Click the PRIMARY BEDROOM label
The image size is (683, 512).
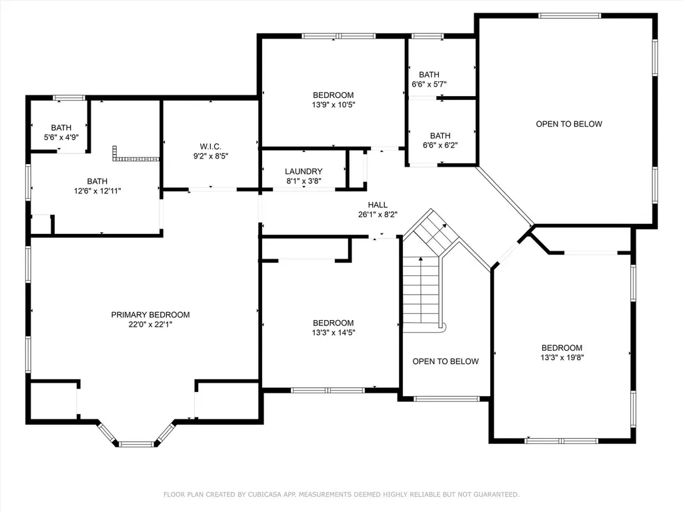[x=150, y=315]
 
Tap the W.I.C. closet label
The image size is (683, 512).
[x=210, y=147]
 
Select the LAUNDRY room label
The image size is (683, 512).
[x=303, y=171]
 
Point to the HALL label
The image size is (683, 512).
[x=378, y=205]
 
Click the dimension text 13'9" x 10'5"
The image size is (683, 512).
[x=333, y=105]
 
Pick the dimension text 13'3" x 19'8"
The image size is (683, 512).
[x=562, y=357]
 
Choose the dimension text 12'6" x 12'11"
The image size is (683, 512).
[x=97, y=191]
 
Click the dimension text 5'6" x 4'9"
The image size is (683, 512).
[x=61, y=137]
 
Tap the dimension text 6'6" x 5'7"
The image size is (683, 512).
[x=429, y=84]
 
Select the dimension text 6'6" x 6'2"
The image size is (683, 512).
[x=440, y=145]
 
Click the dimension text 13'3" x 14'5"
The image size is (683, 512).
[x=333, y=332]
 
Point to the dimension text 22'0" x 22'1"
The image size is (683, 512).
[x=150, y=325]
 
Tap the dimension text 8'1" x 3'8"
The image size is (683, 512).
[x=303, y=181]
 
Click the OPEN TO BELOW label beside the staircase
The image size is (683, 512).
[x=445, y=361]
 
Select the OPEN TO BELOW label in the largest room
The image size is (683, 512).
[x=569, y=124]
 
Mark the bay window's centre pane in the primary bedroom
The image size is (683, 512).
[x=136, y=444]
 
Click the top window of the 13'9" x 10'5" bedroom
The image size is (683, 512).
[x=338, y=36]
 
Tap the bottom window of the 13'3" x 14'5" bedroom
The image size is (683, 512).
[x=327, y=390]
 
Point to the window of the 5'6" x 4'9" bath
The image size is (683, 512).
[x=69, y=97]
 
